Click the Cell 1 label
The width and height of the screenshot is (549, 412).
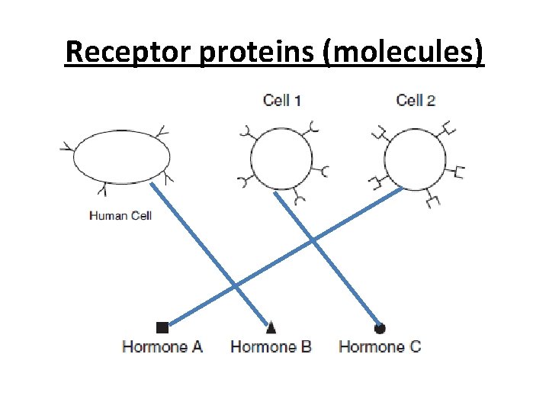282,99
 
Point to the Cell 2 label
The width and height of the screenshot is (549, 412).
416,99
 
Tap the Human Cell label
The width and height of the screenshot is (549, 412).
120,215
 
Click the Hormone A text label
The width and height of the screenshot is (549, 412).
162,346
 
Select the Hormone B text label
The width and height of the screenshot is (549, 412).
271,346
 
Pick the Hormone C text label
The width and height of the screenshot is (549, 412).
380,346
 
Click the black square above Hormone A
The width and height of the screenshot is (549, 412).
162,328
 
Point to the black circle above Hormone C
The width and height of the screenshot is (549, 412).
380,328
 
